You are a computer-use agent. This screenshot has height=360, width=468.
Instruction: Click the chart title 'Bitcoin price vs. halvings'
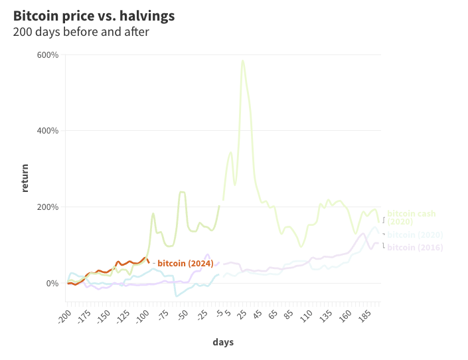click(94, 15)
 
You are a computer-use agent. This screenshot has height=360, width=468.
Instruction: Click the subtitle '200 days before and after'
click(81, 31)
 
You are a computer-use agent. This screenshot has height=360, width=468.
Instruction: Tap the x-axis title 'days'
click(223, 342)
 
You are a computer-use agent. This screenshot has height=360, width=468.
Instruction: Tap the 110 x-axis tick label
click(306, 315)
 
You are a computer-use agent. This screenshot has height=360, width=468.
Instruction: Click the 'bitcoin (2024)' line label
click(185, 264)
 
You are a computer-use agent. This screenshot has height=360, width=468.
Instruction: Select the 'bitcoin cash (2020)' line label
click(412, 217)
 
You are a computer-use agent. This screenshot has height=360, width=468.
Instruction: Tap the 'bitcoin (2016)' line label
click(415, 248)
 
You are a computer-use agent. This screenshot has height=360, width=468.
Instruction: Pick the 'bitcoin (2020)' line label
click(415, 235)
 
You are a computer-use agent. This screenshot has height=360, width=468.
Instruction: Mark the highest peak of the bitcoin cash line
click(242, 61)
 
